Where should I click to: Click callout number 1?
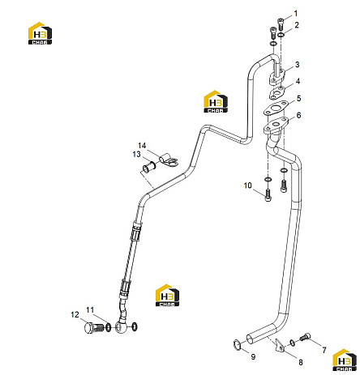[296, 13]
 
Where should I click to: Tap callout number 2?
[297, 25]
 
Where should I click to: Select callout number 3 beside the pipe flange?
[298, 65]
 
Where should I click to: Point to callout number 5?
[298, 98]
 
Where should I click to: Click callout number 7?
[324, 350]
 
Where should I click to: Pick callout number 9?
[253, 356]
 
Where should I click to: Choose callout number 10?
[247, 185]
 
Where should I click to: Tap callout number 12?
[75, 314]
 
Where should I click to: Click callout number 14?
[142, 146]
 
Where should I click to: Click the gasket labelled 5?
[275, 110]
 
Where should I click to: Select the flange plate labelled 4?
[276, 93]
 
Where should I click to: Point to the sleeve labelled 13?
[148, 168]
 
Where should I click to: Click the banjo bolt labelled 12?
[94, 328]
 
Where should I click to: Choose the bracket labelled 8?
[279, 345]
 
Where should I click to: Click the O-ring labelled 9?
[237, 344]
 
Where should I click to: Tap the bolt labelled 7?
[305, 337]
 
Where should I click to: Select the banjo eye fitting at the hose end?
[121, 327]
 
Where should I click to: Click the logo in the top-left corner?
[40, 33]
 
